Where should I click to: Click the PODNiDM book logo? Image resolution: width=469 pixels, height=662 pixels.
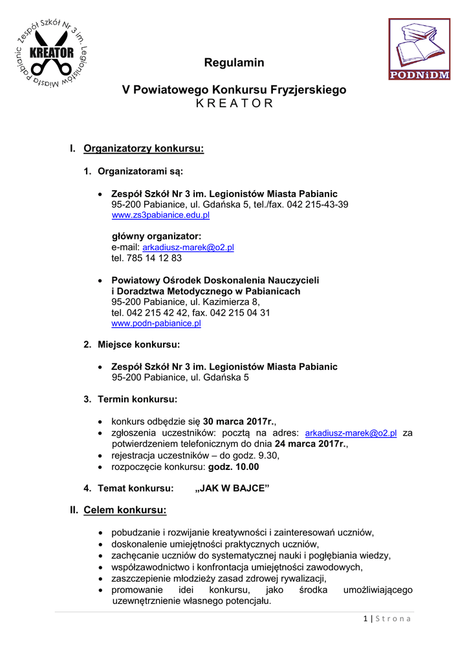(419, 50)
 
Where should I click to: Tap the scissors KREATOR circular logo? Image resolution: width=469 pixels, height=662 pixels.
(51, 53)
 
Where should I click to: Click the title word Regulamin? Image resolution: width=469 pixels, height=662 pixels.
(234, 63)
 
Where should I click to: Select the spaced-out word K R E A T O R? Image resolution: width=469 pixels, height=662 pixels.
(234, 103)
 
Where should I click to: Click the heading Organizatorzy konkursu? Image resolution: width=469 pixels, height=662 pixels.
(144, 149)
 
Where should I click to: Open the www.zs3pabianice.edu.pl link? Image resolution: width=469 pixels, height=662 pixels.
(161, 215)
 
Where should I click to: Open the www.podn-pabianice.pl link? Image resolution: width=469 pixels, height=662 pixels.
(156, 323)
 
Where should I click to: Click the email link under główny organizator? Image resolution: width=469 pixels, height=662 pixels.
(188, 247)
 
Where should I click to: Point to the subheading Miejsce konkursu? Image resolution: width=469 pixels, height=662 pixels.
(138, 345)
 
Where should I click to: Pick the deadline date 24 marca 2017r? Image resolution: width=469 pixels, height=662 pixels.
(311, 444)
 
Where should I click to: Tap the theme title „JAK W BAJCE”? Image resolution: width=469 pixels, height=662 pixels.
(232, 488)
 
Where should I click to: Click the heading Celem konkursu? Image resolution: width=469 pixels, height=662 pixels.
(125, 510)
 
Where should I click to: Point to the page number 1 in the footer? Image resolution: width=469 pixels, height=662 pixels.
(365, 619)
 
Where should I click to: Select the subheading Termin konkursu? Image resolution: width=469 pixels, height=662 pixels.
(137, 399)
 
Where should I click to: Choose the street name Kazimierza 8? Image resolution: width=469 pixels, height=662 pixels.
(232, 301)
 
